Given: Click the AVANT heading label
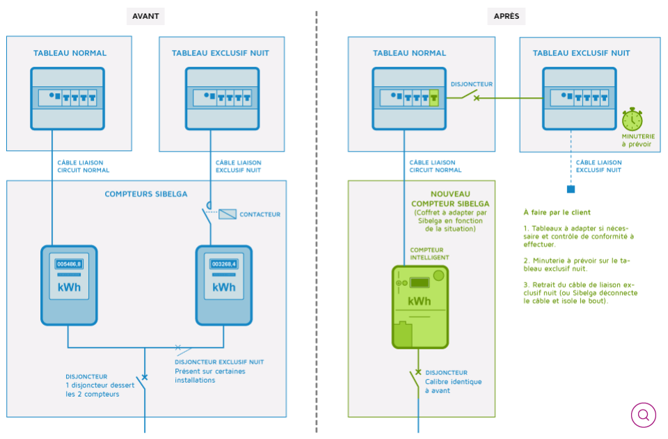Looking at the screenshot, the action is tap(145, 16).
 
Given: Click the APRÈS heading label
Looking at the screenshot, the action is tap(506, 16).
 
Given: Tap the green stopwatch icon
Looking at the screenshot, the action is tap(633, 119).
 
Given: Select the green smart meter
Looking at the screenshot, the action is tap(420, 307).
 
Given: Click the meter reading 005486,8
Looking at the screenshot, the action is tap(69, 264).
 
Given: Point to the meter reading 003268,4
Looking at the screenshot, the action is tap(223, 264).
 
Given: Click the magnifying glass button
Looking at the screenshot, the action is tap(643, 415).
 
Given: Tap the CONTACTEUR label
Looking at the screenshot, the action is tap(260, 214).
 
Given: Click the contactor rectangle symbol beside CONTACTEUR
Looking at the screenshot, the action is tap(228, 214).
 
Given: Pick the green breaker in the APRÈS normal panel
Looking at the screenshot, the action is tap(434, 97).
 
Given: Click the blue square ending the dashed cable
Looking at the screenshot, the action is tap(571, 189).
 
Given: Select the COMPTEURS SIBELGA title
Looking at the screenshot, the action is tap(146, 194).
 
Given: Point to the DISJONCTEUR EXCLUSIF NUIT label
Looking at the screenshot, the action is tap(219, 362).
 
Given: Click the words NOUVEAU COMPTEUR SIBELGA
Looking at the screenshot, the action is tap(450, 199).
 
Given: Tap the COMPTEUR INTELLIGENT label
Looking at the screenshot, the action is tap(429, 254).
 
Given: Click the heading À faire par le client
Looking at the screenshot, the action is tap(557, 212).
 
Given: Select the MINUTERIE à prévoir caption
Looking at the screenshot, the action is tap(638, 140).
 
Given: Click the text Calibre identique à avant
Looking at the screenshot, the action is tap(453, 386).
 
